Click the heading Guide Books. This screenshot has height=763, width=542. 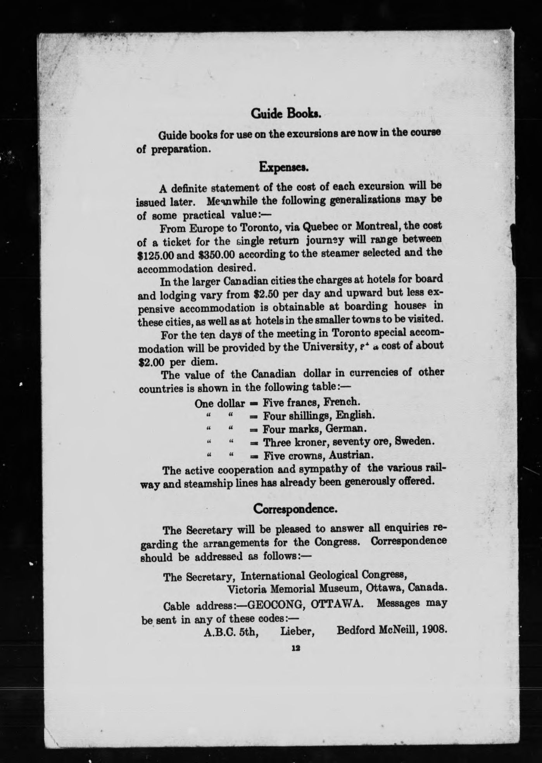pos(286,113)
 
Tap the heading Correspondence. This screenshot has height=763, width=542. pos(295,508)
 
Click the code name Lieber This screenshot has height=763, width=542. pos(297,632)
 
